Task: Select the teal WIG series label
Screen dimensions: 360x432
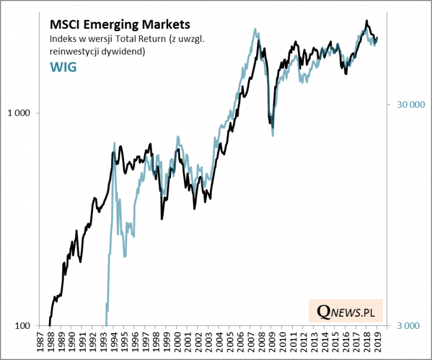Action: click(x=62, y=66)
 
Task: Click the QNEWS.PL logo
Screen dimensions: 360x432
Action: click(x=346, y=312)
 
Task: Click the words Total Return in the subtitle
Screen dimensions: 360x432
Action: click(x=128, y=40)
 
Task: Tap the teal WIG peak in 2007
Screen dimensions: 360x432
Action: click(x=255, y=29)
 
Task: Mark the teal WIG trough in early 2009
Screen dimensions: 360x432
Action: click(x=273, y=135)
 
